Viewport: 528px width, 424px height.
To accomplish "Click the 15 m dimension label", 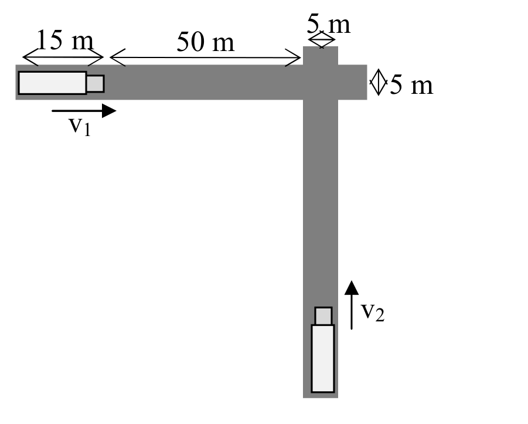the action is coord(64,40).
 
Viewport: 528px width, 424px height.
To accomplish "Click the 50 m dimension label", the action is coord(206,42).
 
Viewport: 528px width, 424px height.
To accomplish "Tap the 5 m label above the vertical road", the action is coord(329,24).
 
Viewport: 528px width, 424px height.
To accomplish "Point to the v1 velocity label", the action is coord(80,127).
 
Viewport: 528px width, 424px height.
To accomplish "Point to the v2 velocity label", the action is coord(373,312).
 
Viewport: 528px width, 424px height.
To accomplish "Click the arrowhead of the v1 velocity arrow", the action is coord(109,111).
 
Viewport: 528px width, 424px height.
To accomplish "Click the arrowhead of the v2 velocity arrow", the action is coord(352,287).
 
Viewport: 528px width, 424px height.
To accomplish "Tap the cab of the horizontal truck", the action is coord(96,84).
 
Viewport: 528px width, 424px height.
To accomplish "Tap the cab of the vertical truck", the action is coord(323,316).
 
